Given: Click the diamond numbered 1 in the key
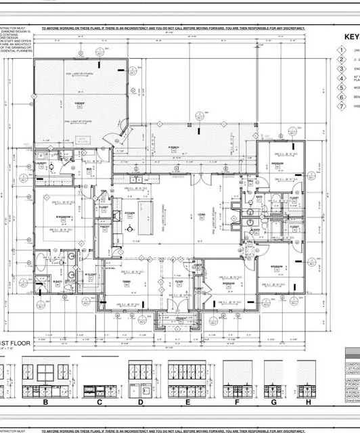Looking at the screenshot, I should click(342, 51).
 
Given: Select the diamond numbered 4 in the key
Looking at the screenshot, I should click(342, 78).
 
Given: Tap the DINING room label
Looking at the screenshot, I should click(125, 282).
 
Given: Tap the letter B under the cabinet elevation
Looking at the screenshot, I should click(45, 403).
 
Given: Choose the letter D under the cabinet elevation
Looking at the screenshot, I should click(141, 403).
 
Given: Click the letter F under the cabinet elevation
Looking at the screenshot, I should click(238, 403).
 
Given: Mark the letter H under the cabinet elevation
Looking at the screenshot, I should click(307, 403).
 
